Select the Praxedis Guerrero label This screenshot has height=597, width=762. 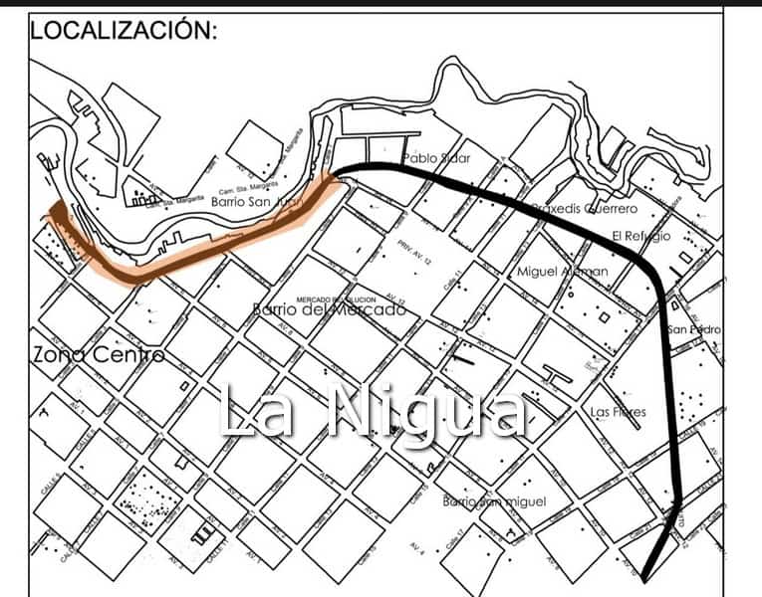(584, 210)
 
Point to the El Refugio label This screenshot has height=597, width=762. (642, 237)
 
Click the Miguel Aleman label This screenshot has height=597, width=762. (563, 272)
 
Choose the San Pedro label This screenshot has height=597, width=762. (694, 329)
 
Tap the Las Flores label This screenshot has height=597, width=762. (619, 412)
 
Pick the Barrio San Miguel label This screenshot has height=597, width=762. (494, 500)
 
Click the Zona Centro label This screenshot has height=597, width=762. (97, 354)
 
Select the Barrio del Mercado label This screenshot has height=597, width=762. (329, 309)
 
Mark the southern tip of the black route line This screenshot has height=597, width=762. (645, 576)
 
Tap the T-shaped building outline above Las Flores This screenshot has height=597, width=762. (559, 375)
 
